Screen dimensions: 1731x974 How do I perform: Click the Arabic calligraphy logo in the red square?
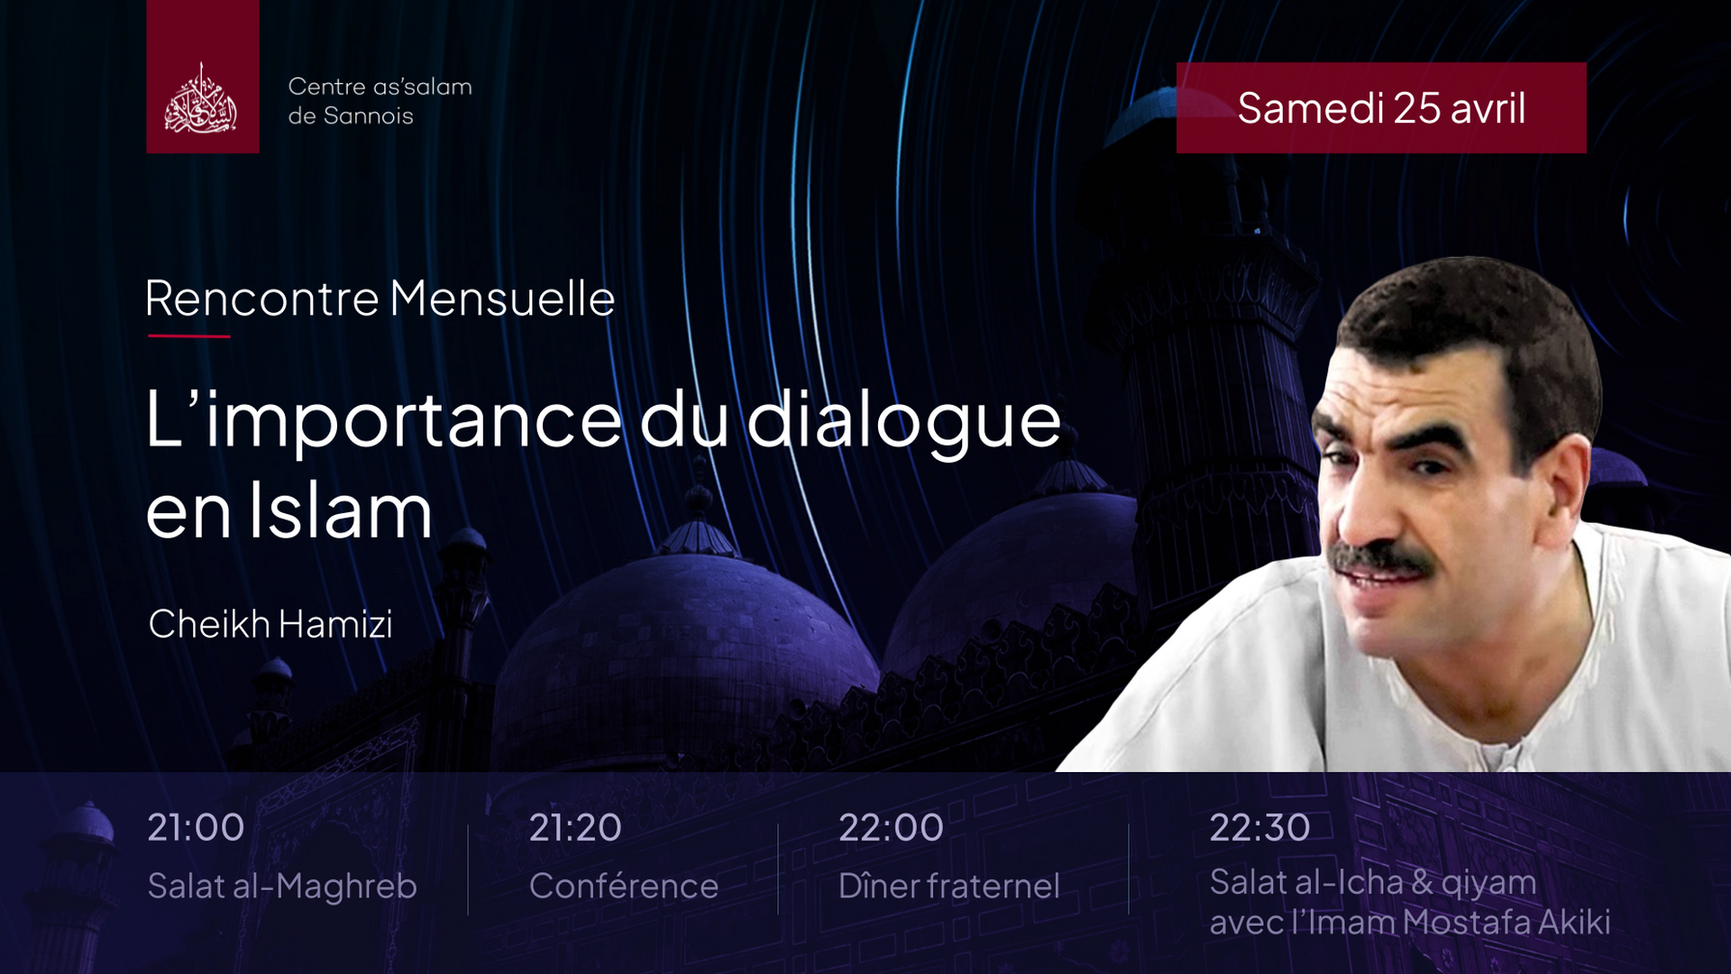[201, 98]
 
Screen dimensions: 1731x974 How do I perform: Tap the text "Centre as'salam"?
[380, 87]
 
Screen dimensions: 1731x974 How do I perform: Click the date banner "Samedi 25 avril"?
[1381, 107]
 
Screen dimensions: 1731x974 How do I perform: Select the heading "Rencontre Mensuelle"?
[380, 298]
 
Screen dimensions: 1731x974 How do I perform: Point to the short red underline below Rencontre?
[189, 336]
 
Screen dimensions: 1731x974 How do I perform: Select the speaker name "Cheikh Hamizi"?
[270, 624]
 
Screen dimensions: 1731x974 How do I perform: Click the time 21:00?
[196, 827]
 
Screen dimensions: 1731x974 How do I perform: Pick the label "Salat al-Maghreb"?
[282, 887]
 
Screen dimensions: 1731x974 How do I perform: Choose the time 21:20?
[575, 827]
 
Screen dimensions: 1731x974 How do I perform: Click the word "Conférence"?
[624, 886]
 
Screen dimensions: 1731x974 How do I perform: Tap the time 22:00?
[891, 827]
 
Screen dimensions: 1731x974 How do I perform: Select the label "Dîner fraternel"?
[949, 886]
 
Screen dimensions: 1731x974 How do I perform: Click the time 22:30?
[1259, 827]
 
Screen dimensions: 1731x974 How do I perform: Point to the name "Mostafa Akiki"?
[1507, 922]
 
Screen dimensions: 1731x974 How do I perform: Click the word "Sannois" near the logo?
[368, 115]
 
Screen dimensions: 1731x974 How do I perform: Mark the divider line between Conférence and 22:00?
[778, 869]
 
